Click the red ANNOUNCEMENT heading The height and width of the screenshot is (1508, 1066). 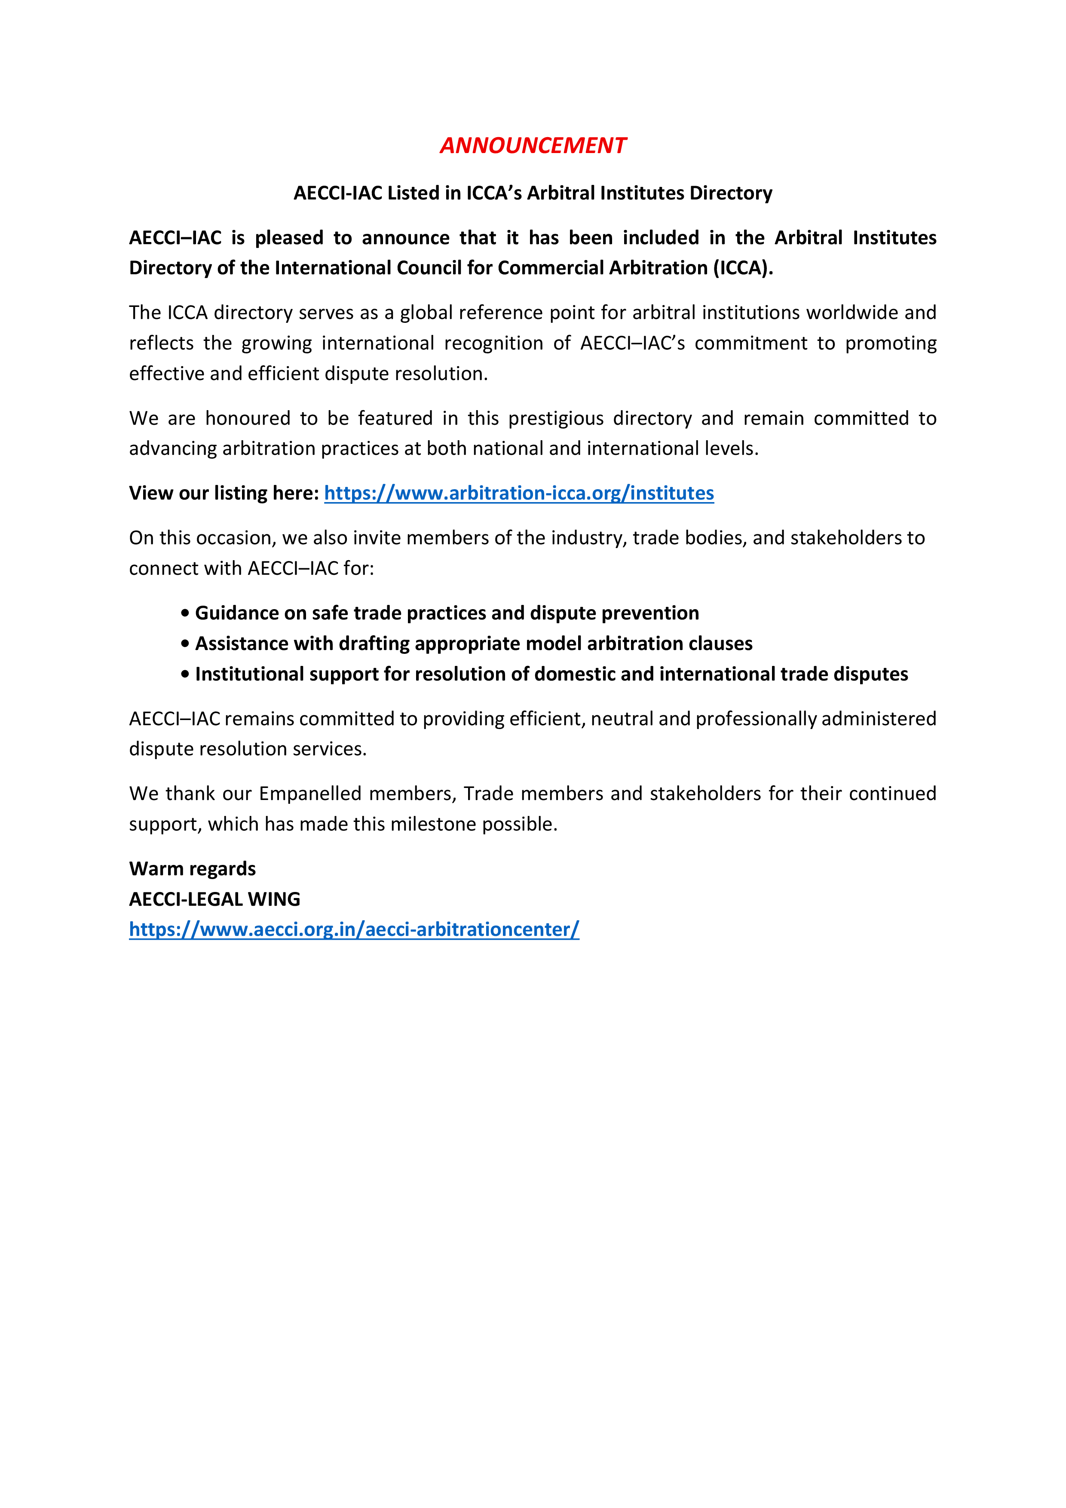533,145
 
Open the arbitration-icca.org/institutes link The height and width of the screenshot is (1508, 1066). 519,493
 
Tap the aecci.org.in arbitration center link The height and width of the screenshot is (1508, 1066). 354,929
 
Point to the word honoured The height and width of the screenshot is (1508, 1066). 248,418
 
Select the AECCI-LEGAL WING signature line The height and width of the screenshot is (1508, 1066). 215,899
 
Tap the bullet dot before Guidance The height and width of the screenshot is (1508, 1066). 185,613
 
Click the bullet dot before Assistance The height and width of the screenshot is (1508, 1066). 185,644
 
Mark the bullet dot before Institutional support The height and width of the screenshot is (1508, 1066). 185,674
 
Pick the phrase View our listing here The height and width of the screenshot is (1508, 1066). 224,493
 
